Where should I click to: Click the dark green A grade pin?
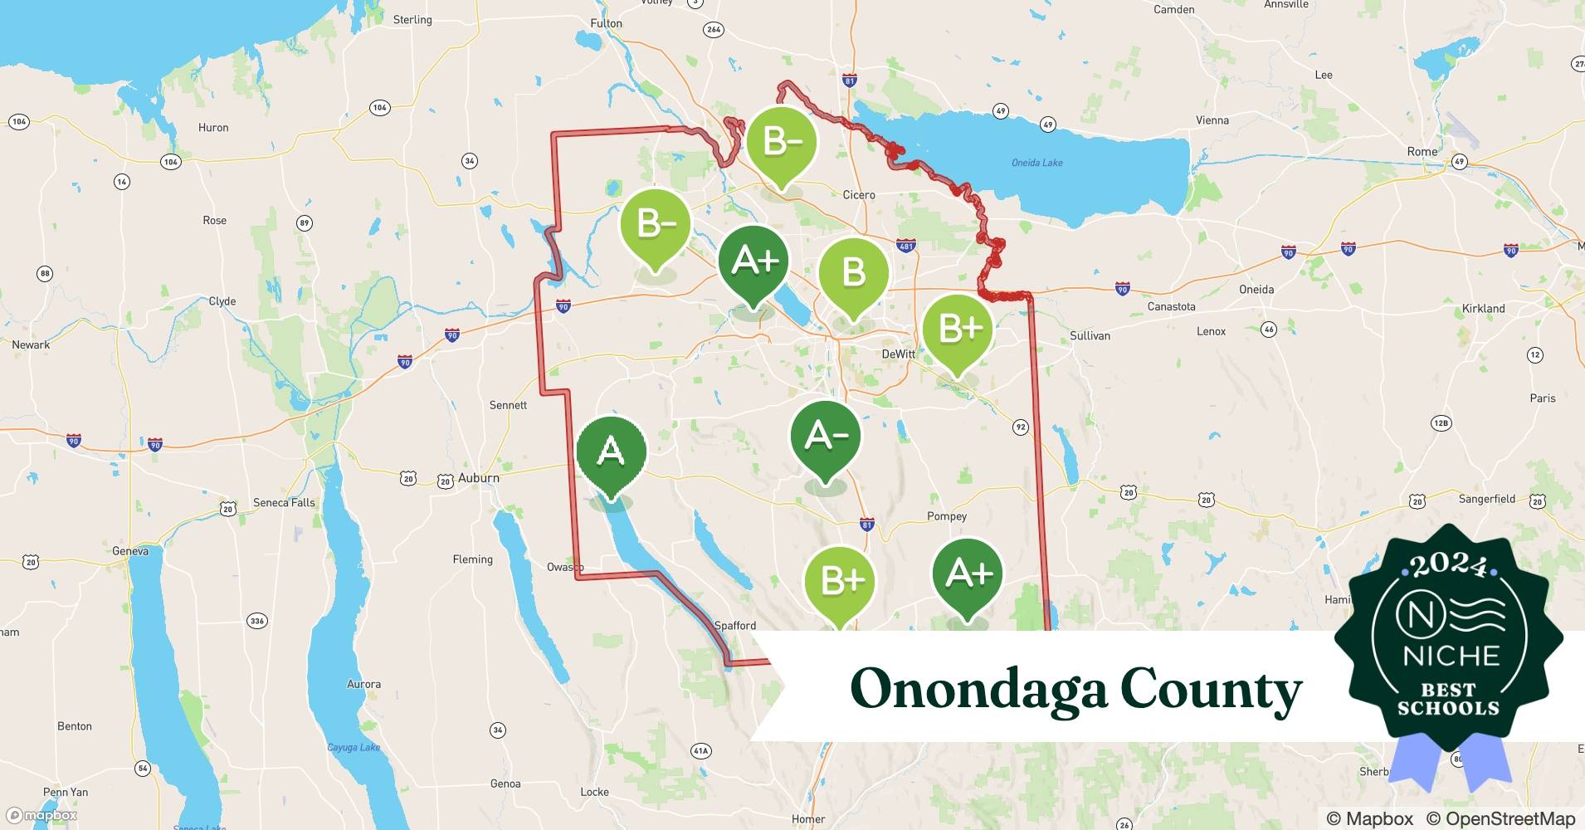[x=611, y=453]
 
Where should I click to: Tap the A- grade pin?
[x=825, y=437]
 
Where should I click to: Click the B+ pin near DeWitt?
[x=958, y=330]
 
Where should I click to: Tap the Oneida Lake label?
[x=1036, y=163]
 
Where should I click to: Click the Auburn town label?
[x=478, y=478]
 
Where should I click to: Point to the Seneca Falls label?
[x=284, y=503]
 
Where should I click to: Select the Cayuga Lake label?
[x=354, y=748]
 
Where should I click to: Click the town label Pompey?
[x=946, y=516]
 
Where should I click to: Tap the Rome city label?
[x=1422, y=152]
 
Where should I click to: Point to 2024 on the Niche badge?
[x=1448, y=566]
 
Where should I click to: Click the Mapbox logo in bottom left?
[x=41, y=816]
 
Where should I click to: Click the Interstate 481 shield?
[x=905, y=246]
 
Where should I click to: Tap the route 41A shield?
[x=700, y=751]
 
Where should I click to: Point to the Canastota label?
[x=1171, y=307]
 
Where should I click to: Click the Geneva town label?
[x=130, y=551]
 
